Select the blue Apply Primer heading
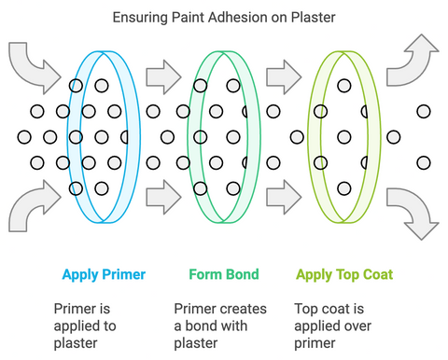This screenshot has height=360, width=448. (105, 275)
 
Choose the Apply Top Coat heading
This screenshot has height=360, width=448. (343, 275)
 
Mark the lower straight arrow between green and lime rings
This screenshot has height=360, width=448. (283, 197)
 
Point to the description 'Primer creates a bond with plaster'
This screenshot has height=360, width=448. (220, 325)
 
